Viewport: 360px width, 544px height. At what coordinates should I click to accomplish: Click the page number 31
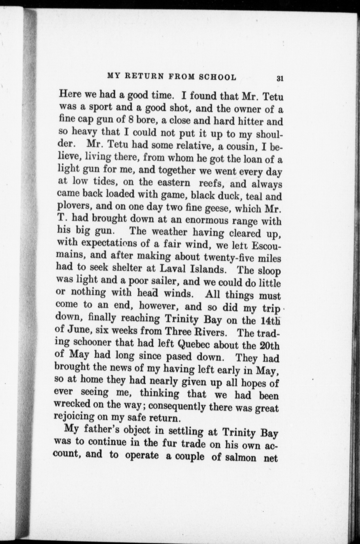[280, 78]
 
